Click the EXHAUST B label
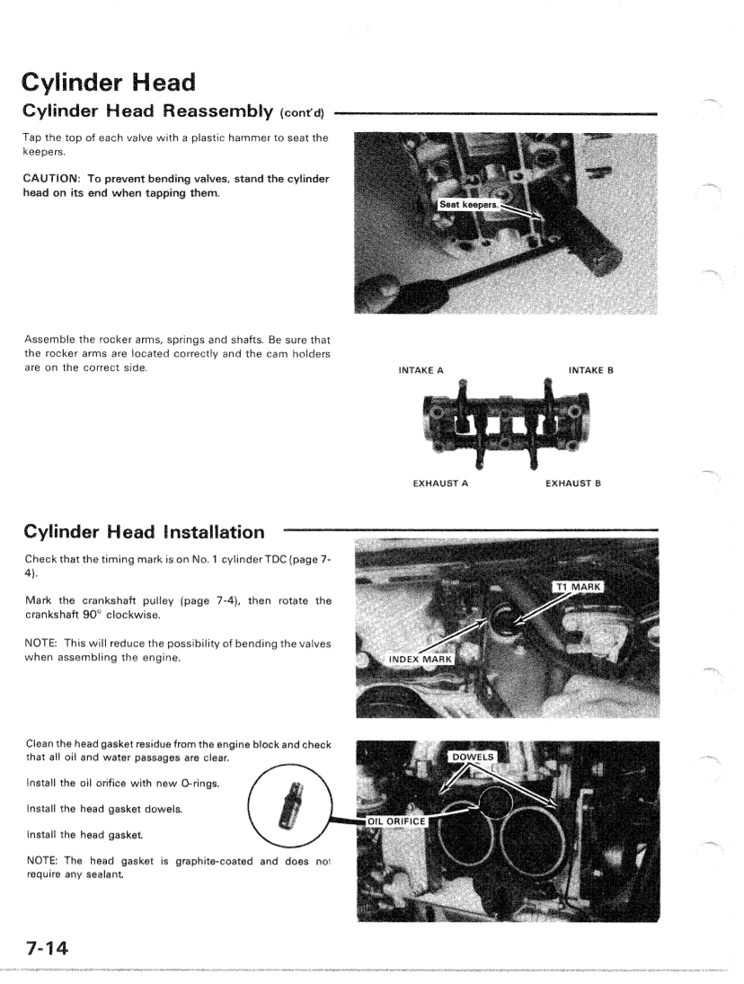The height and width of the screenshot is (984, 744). [x=573, y=483]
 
